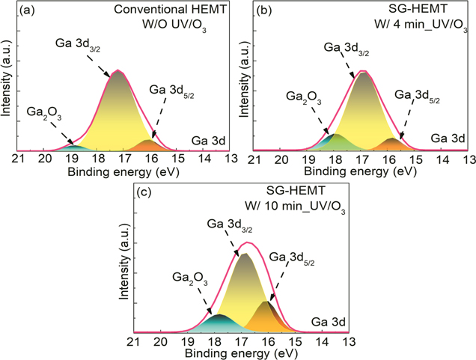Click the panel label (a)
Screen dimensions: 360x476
pyautogui.click(x=27, y=11)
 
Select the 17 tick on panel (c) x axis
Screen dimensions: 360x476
pyautogui.click(x=241, y=341)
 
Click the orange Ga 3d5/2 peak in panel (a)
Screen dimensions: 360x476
pyautogui.click(x=148, y=144)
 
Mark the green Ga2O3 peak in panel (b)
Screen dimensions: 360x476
pyautogui.click(x=336, y=141)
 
